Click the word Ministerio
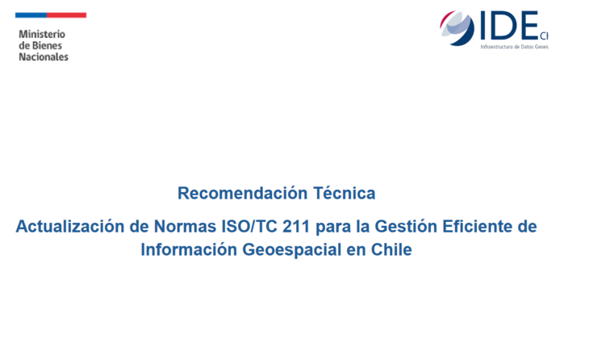coord(41,35)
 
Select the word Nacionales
coord(44,57)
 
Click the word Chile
coord(391,250)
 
